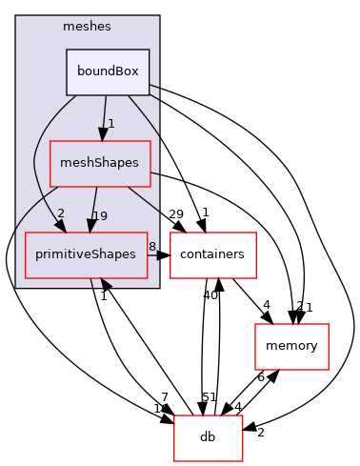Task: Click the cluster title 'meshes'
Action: (87, 26)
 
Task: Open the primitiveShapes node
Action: (86, 254)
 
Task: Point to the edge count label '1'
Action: (111, 124)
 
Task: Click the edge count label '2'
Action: (61, 213)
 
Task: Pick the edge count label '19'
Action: (100, 215)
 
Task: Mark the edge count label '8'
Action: (151, 247)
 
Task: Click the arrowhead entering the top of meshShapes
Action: (102, 134)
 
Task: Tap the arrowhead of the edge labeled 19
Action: (90, 225)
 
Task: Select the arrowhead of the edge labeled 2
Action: (59, 226)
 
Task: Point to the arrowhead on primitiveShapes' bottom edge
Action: (104, 283)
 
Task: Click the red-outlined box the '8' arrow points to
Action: (212, 254)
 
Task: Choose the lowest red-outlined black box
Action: (208, 437)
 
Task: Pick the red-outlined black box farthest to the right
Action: (291, 346)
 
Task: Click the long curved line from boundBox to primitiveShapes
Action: (35, 162)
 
